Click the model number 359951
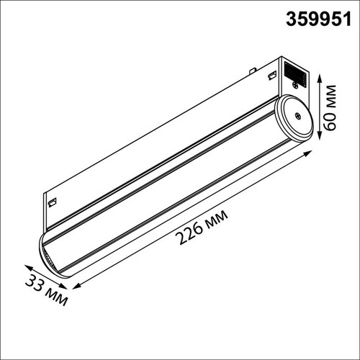[318, 19]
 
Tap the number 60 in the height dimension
[328, 121]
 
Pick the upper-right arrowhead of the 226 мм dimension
[308, 153]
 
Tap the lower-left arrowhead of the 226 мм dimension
[76, 286]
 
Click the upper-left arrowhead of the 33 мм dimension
[29, 267]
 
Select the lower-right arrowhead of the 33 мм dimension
[63, 286]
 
